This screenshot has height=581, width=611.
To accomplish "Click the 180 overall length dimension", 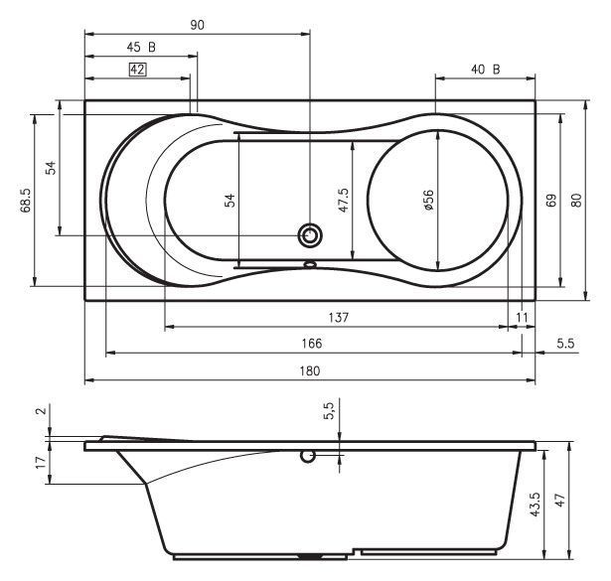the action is (310, 370).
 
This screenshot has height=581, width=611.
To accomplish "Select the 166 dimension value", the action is (312, 344).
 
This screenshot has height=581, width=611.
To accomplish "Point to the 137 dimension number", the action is (338, 318).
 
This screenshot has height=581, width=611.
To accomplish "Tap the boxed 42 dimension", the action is (137, 70).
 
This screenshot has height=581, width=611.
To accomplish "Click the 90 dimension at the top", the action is (197, 25).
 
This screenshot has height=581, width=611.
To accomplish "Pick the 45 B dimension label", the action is (141, 48).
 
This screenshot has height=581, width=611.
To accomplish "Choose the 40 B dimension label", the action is (486, 70).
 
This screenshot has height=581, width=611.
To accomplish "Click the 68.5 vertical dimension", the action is (26, 201).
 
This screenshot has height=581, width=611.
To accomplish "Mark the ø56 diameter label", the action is (428, 201).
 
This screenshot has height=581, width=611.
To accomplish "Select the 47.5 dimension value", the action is (344, 201).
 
